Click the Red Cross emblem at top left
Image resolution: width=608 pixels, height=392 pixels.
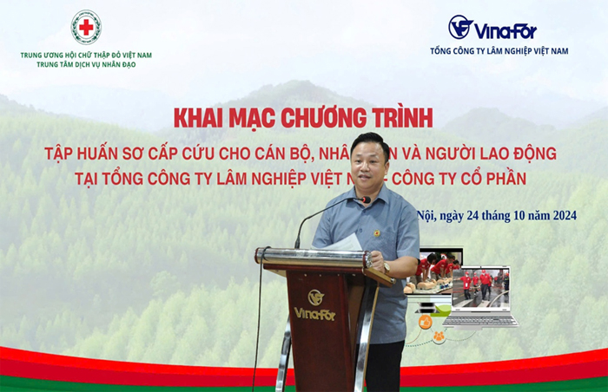pyautogui.click(x=86, y=27)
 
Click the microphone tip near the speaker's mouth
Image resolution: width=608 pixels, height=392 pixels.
pyautogui.click(x=367, y=200)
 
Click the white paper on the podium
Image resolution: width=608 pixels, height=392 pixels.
pyautogui.click(x=346, y=243)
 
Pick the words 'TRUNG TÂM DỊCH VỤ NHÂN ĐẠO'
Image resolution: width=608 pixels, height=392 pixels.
pyautogui.click(x=86, y=65)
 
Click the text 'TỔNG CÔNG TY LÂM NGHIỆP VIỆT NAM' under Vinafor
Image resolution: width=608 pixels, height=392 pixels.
pyautogui.click(x=499, y=51)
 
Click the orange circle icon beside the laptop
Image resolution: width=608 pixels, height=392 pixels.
pyautogui.click(x=426, y=322)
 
